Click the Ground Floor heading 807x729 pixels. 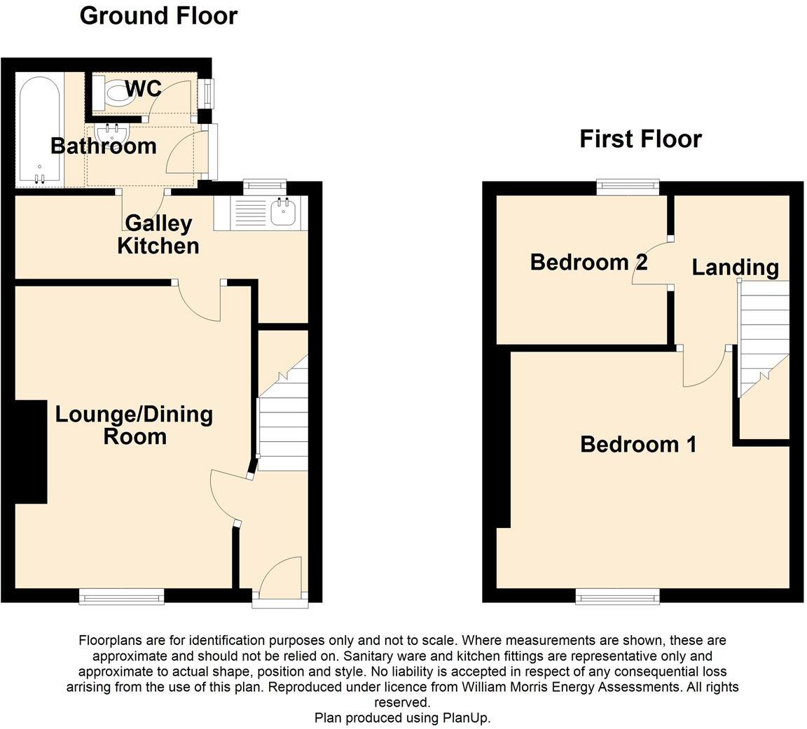(x=158, y=15)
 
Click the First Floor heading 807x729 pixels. (x=640, y=139)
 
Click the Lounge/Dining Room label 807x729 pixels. (x=134, y=424)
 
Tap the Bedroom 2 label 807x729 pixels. (x=588, y=262)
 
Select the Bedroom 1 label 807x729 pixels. (x=638, y=444)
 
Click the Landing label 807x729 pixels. (x=735, y=267)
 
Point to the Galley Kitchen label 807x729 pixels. (x=158, y=235)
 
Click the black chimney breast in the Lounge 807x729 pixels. (x=30, y=452)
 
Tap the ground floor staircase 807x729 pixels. (x=283, y=420)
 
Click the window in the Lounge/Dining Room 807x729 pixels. (x=121, y=596)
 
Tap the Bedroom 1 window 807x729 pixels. (x=617, y=596)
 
